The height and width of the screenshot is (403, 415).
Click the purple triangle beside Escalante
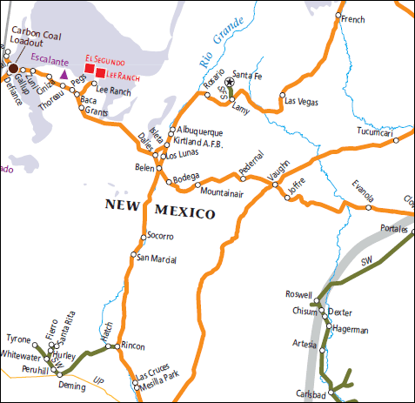click(63, 75)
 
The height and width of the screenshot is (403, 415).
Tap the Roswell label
click(298, 294)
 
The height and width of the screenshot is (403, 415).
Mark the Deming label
click(71, 384)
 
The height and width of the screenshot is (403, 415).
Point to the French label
click(352, 19)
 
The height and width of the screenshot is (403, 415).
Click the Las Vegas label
click(302, 102)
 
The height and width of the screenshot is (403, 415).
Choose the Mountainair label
click(221, 191)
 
